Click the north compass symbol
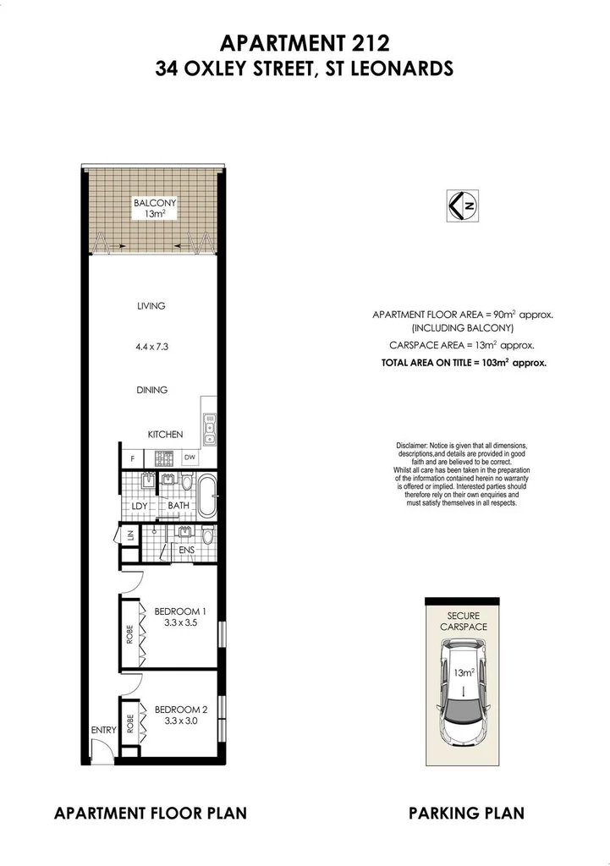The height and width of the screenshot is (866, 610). pos(459,205)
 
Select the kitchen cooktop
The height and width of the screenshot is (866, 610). pos(163,459)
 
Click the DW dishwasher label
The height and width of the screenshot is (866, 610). pos(190,459)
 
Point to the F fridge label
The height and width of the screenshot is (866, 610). pos(132,459)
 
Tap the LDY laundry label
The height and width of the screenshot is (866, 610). pos(140,506)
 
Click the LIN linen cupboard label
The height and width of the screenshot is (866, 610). pos(130,536)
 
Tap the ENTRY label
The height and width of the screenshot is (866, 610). pos(103,728)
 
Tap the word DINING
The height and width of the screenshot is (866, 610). pos(151,390)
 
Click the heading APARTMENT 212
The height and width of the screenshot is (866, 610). pos(305,42)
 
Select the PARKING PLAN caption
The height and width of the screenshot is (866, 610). pos(466,814)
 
